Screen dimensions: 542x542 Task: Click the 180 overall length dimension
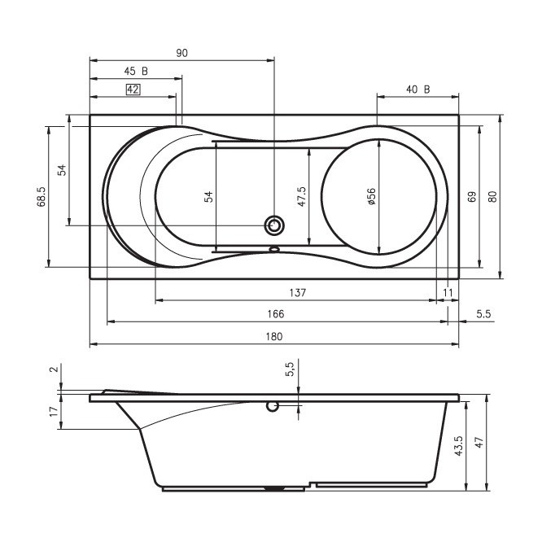click(274, 336)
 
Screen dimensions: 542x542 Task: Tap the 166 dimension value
click(276, 314)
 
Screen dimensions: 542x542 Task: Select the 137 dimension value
click(298, 293)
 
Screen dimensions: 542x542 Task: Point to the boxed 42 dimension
click(133, 90)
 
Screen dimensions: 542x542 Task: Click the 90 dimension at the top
click(182, 53)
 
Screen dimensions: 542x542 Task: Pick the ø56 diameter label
click(372, 196)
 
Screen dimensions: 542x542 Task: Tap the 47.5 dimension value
click(302, 196)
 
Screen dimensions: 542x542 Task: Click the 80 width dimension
click(492, 196)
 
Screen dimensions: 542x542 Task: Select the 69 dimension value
click(472, 196)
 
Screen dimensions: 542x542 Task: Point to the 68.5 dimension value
click(42, 196)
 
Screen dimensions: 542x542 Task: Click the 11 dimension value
click(448, 293)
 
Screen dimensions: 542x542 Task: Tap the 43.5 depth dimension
click(458, 446)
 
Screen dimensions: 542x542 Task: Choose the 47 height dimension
click(479, 443)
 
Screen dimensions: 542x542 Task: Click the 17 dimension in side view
click(54, 411)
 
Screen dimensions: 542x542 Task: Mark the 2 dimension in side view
click(54, 369)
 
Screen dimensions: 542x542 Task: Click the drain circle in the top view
click(274, 225)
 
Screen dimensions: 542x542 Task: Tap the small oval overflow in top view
click(274, 248)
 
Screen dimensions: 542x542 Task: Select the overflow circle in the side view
click(273, 407)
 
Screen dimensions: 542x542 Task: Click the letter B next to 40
click(427, 90)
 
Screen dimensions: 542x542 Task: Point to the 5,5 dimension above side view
click(290, 369)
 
